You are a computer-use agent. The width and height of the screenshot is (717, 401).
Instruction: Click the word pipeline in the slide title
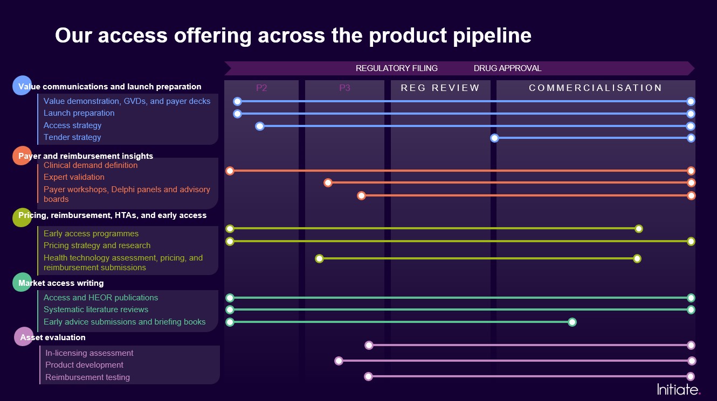(490, 36)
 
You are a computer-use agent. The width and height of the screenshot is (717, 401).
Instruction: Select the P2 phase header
(261, 88)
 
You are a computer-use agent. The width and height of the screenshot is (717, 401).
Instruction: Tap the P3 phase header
(344, 88)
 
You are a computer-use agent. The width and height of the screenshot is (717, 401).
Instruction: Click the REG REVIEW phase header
(440, 88)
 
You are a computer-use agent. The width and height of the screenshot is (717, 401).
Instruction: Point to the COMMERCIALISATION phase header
(595, 88)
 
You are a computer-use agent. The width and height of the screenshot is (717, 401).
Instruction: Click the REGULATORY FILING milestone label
(397, 68)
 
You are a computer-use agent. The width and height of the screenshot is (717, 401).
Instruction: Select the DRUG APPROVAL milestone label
(507, 68)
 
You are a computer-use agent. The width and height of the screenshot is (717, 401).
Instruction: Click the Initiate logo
(679, 389)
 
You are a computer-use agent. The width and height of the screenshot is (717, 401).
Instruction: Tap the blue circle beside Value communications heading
(22, 86)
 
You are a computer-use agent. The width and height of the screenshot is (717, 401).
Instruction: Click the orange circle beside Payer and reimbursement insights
(22, 156)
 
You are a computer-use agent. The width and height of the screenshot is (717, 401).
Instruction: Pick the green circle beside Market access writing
(22, 283)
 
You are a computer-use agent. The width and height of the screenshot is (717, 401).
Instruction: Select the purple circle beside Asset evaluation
(23, 337)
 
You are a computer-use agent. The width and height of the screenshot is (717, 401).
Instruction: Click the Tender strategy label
(72, 137)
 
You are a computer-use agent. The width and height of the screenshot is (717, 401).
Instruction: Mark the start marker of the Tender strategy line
(494, 138)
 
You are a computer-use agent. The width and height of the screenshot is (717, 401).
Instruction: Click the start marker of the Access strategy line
(260, 126)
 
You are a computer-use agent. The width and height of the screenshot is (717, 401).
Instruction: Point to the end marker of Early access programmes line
(639, 229)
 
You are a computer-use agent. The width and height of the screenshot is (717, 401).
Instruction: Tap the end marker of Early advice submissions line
(572, 322)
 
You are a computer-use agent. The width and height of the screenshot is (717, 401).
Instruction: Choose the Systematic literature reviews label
(96, 309)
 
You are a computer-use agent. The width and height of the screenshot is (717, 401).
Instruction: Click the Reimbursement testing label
(87, 377)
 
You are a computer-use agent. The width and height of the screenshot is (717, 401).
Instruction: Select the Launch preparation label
(79, 113)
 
